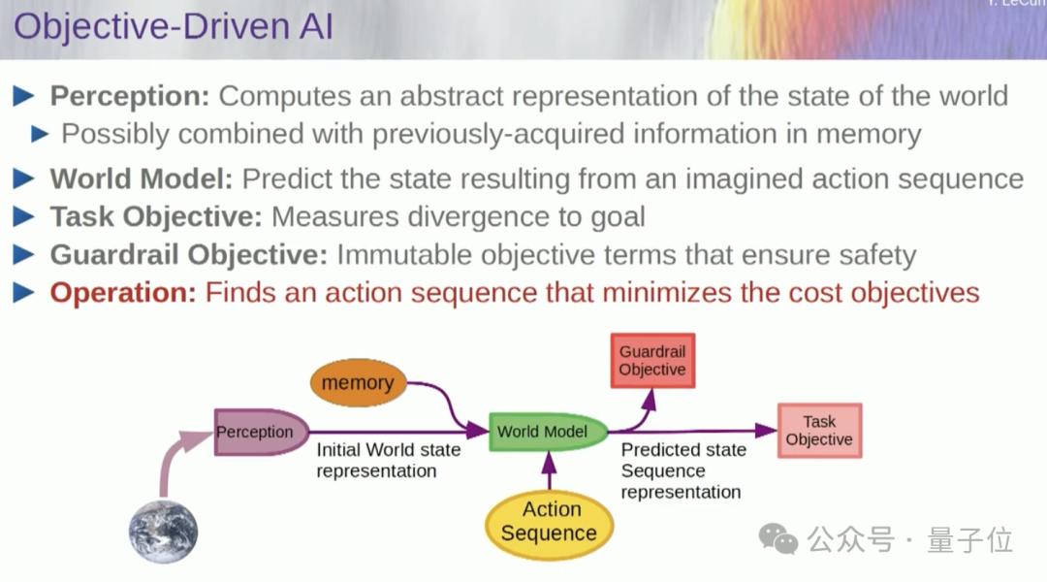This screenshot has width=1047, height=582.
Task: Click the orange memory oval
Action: (357, 383)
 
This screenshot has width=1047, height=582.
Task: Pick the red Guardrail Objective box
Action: (651, 361)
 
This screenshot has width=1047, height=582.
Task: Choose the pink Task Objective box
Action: (819, 431)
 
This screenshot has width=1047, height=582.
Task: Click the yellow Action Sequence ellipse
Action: (548, 522)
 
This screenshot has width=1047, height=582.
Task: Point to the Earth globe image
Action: (163, 533)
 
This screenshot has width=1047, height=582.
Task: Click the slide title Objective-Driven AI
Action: (174, 26)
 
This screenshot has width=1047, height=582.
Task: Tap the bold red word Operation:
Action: (123, 292)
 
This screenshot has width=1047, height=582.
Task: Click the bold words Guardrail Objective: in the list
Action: (189, 255)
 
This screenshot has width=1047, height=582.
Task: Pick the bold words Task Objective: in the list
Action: (156, 216)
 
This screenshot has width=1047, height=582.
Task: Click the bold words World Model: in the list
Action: (142, 178)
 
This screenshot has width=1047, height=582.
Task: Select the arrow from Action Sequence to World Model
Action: (550, 471)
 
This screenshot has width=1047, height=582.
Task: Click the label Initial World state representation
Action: (388, 461)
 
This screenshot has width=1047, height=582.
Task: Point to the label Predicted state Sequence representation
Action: (682, 470)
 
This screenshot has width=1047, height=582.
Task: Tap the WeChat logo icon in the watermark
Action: (777, 538)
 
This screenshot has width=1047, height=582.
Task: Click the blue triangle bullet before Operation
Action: (23, 293)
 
